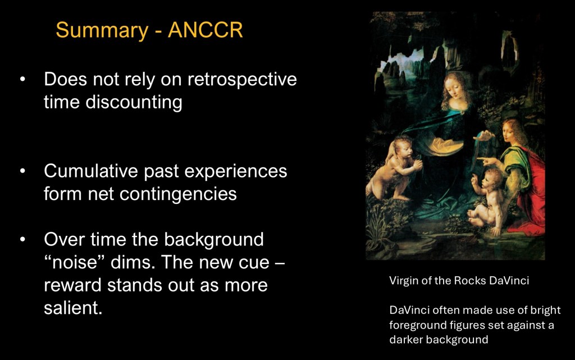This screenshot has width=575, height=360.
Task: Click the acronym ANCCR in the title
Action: click(206, 30)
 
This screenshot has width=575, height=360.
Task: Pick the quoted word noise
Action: click(75, 262)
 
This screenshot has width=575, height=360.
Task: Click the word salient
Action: click(73, 308)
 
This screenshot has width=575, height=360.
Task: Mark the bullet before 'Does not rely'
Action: click(22, 79)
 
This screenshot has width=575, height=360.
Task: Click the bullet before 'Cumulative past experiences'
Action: click(22, 171)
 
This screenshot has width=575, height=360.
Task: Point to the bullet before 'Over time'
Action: click(22, 239)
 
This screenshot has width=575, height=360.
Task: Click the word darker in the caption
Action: click(405, 340)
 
